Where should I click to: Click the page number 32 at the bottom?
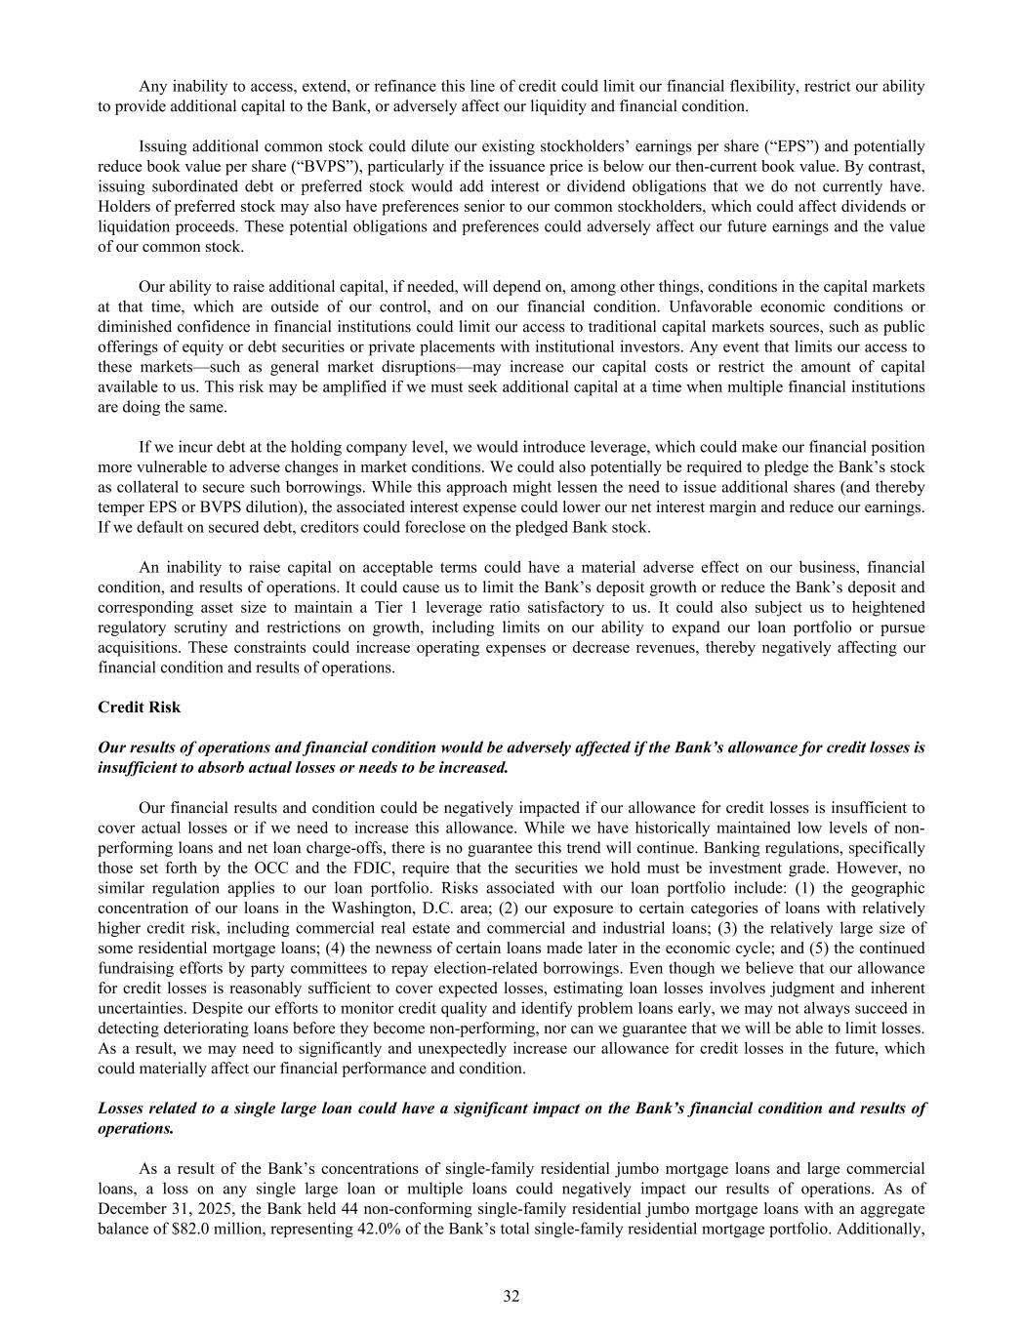click(511, 1296)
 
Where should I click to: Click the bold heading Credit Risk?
click(140, 707)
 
